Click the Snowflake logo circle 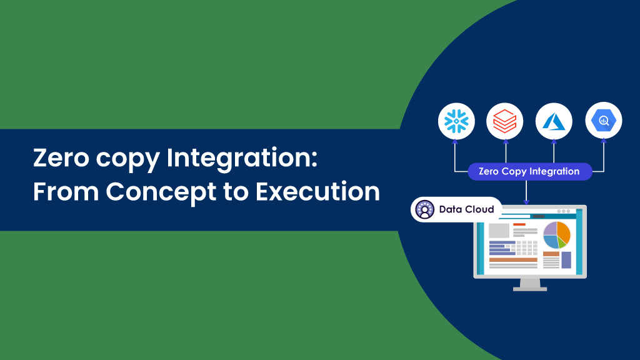click(x=456, y=121)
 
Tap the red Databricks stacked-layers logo click(x=505, y=121)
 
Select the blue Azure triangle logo click(x=554, y=121)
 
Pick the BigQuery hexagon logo click(x=604, y=121)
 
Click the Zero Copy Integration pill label click(x=530, y=171)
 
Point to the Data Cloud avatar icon click(x=424, y=209)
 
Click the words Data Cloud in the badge click(x=466, y=209)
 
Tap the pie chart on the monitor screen click(x=556, y=235)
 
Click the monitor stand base click(x=530, y=289)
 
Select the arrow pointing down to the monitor click(x=526, y=192)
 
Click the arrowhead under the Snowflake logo click(x=455, y=142)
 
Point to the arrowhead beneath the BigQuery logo click(x=604, y=141)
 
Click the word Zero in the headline click(x=61, y=157)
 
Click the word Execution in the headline click(x=317, y=192)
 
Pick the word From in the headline click(x=66, y=191)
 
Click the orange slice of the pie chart click(x=563, y=231)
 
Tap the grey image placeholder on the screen click(x=499, y=231)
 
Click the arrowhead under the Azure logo click(x=554, y=142)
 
